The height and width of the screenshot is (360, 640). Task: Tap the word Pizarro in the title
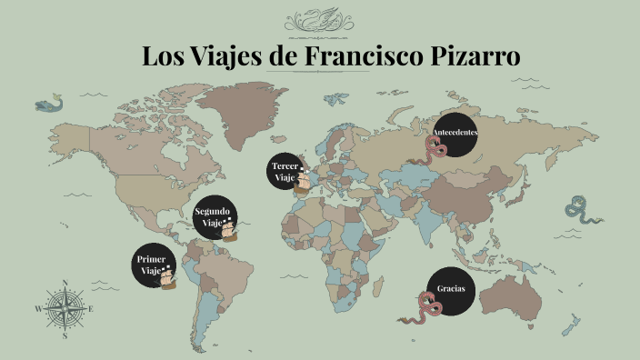pos(474,55)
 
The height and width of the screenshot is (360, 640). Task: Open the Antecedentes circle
pos(455,135)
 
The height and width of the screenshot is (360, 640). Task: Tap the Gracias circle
pos(452,289)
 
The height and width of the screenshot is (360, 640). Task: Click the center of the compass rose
pos(65,308)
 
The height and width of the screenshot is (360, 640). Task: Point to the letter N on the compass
pos(65,283)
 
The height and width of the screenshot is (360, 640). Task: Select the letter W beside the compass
pos(38,309)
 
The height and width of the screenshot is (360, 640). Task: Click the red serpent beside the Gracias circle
pos(423,309)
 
